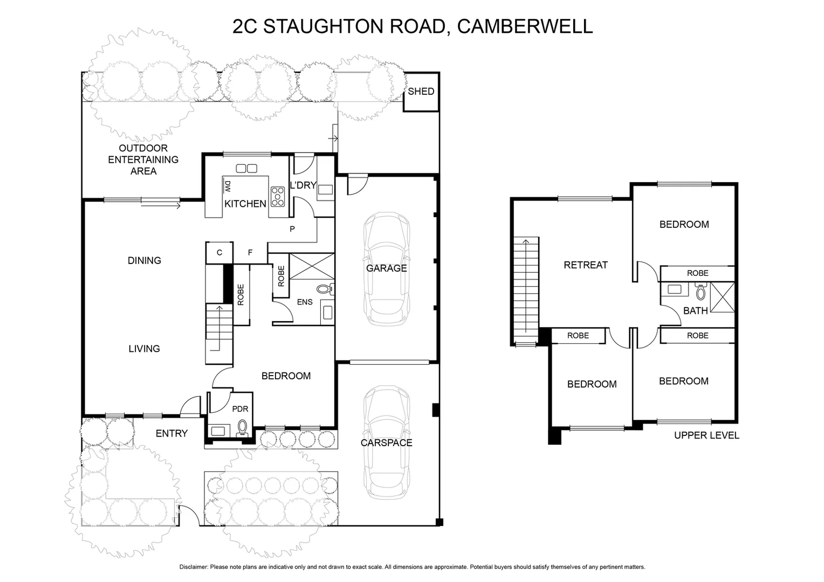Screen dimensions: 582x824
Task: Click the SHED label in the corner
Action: (421, 92)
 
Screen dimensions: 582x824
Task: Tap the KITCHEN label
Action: (245, 204)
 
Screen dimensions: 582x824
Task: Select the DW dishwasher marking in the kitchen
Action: (227, 186)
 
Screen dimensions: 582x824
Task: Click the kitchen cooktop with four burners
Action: (278, 197)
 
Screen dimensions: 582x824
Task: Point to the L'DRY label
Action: (303, 185)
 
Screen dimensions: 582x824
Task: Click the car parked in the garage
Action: (386, 269)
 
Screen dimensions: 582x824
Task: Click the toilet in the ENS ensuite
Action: (324, 289)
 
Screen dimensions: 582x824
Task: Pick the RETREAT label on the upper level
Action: (585, 265)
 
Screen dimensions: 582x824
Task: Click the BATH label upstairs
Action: (695, 311)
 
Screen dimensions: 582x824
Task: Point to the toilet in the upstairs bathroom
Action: (701, 292)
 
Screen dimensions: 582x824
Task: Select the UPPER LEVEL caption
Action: (706, 435)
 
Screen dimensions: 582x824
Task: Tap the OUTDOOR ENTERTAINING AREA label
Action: (143, 160)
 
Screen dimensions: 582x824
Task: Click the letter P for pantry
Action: (292, 229)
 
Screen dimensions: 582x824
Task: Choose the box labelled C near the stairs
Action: (219, 253)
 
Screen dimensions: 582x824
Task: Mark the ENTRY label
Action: (171, 433)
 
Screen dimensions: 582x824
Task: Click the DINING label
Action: (144, 261)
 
